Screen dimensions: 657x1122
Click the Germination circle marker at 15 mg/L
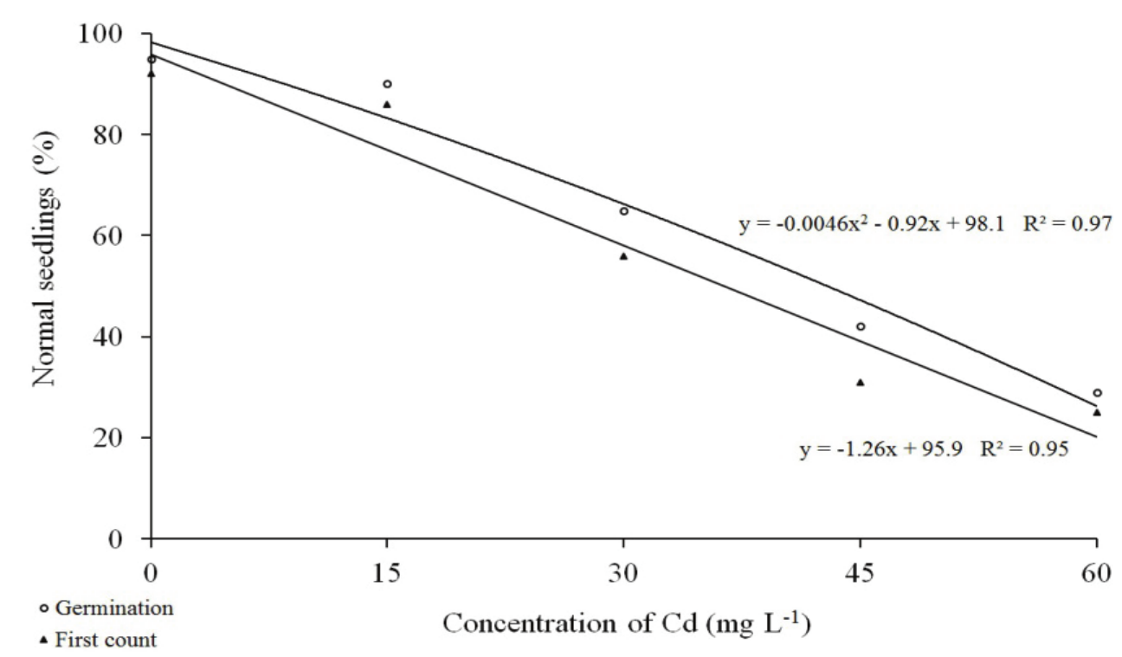point(387,84)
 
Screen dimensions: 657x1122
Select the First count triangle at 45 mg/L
point(861,382)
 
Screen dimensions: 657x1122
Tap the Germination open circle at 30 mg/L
point(623,211)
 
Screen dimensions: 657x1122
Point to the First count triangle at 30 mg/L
point(623,256)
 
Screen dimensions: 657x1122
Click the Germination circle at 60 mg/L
point(1097,393)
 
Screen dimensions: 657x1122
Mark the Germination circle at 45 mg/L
point(861,326)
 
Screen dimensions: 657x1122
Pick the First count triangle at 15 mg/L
point(387,104)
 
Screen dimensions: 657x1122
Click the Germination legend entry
point(104,608)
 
